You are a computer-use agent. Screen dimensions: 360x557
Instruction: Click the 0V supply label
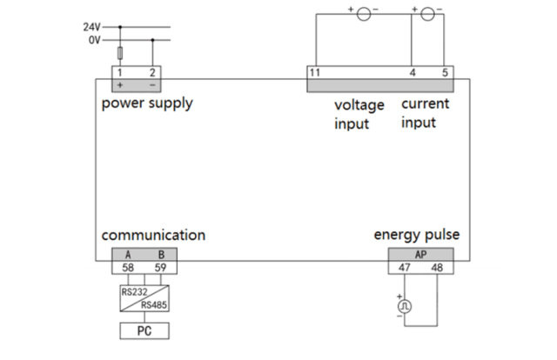click(x=94, y=39)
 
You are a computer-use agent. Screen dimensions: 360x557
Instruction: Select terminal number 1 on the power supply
click(x=119, y=72)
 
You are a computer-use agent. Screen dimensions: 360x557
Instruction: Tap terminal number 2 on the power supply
click(x=152, y=72)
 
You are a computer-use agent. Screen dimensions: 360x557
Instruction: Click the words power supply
click(x=147, y=103)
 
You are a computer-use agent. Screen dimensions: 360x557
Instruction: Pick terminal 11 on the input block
click(x=315, y=72)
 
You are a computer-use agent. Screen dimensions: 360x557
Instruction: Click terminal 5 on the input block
click(x=446, y=72)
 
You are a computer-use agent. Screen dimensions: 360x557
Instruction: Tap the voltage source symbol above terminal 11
click(x=365, y=13)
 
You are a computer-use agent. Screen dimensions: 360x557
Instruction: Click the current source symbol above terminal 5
click(x=428, y=13)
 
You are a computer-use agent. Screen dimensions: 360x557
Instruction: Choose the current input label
click(x=425, y=113)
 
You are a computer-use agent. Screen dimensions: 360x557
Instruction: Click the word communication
click(x=153, y=235)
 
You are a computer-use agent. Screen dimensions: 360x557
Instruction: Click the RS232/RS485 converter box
click(x=144, y=298)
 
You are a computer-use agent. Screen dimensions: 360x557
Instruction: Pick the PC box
click(x=144, y=330)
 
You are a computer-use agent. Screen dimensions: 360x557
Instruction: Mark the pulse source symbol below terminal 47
click(x=404, y=306)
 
